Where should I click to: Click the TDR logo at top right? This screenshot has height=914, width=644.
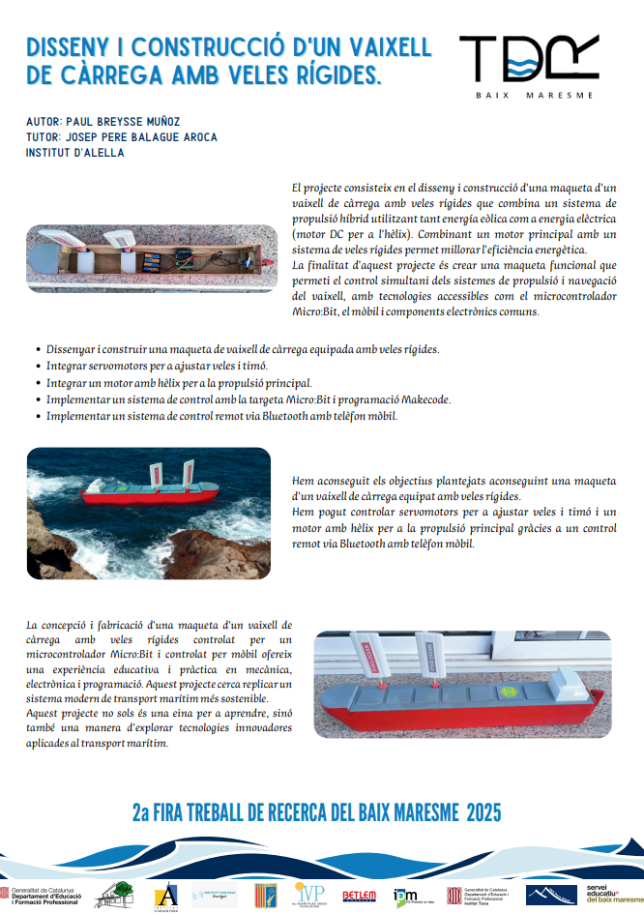coord(528,59)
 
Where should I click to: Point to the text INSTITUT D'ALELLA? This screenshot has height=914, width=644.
coord(75,153)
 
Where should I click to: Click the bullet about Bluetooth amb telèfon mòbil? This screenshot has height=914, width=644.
coord(221,416)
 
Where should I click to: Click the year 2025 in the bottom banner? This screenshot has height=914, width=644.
coord(483,812)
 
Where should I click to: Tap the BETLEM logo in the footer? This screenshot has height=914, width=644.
coord(360,896)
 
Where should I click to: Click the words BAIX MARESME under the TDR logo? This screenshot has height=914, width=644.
coord(534,96)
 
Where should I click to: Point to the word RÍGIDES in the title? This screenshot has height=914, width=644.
coord(321,75)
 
